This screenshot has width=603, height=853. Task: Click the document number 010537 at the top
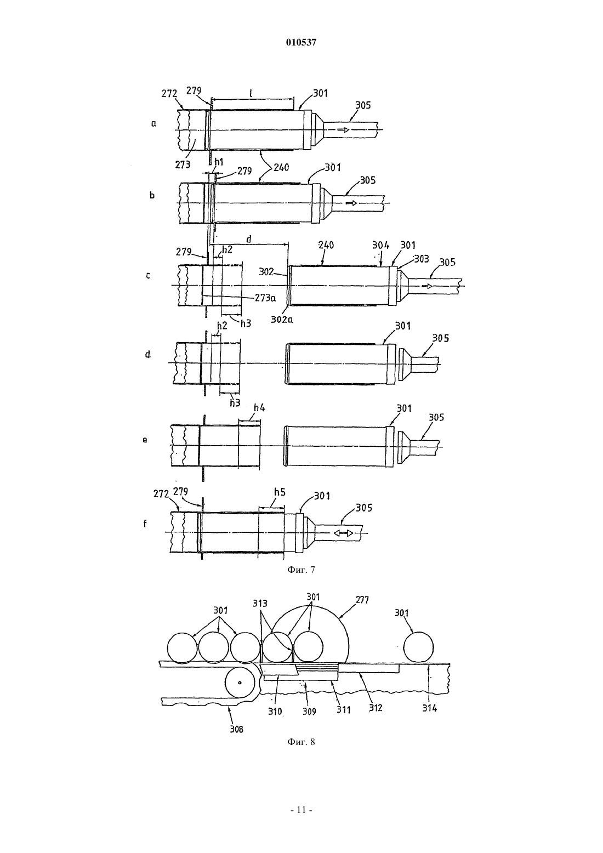tap(301, 43)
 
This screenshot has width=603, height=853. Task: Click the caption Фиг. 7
tap(301, 570)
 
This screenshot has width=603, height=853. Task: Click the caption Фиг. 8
tap(301, 742)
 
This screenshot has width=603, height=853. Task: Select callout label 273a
tap(265, 298)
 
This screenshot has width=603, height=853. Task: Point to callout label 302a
tap(282, 320)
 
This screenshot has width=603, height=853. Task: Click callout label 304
tap(380, 245)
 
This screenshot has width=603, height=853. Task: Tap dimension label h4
tap(259, 408)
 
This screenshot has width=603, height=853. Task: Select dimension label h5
tap(280, 492)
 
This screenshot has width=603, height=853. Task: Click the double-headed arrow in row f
tap(343, 533)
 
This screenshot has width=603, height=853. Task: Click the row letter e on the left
tap(145, 440)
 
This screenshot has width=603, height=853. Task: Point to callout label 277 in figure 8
tap(362, 600)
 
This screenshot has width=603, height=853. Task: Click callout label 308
tap(236, 729)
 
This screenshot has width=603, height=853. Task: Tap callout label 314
tap(429, 708)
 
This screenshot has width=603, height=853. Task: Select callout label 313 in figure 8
tap(260, 604)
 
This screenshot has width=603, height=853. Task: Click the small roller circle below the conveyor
tap(240, 683)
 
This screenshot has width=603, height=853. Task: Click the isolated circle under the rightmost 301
tap(418, 647)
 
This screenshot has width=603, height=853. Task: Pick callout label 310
tap(275, 711)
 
